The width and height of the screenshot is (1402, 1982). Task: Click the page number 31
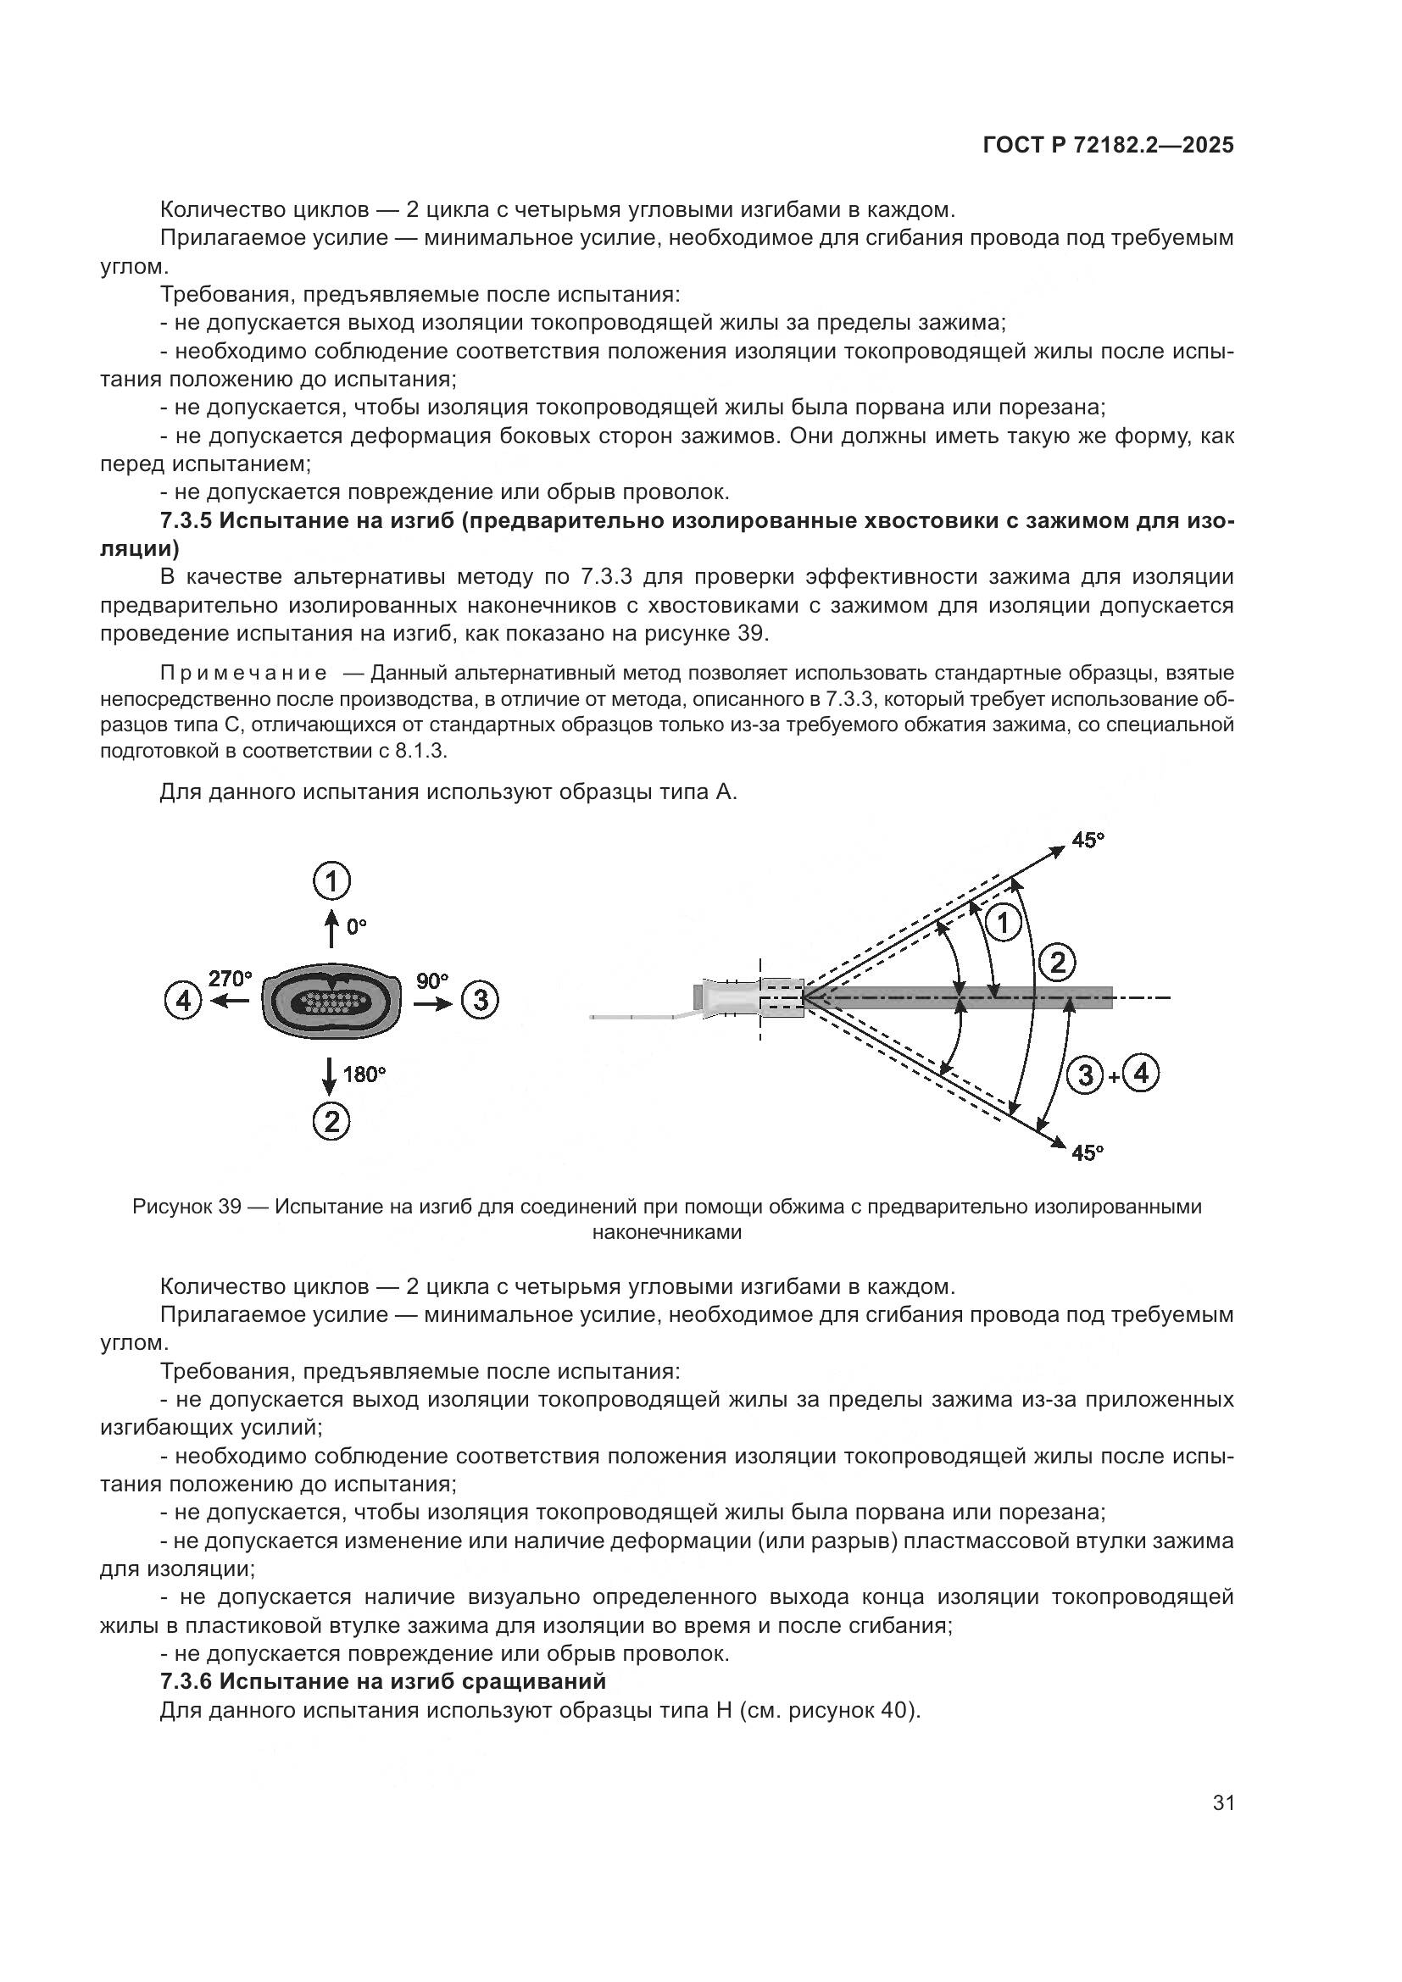coord(1223,1803)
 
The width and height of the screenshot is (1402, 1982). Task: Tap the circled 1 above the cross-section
coord(331,881)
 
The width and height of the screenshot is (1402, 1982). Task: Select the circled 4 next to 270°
coord(183,1001)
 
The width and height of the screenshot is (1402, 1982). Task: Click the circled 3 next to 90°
coord(480,1000)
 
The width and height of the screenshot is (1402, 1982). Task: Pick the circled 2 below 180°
coord(331,1121)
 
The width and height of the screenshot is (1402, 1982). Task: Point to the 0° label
coord(357,926)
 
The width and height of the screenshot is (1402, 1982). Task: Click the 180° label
coord(364,1074)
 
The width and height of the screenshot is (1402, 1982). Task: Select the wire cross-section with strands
coord(331,1002)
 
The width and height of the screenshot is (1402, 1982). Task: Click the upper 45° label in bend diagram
coord(1088,840)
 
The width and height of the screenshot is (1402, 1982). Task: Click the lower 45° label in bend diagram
coord(1087,1152)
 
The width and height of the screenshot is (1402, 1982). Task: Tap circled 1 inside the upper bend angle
coord(1003,924)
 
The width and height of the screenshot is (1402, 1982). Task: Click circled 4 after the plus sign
coord(1140,1074)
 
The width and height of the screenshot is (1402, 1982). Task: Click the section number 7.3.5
coord(186,520)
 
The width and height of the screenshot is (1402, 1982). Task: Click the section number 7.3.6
coord(186,1680)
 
